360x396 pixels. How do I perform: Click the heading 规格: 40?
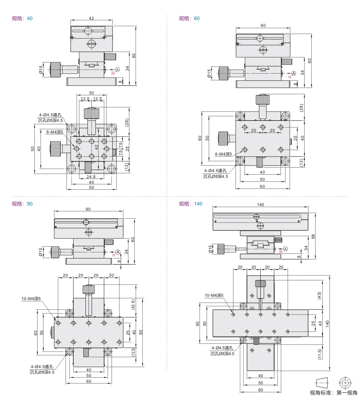(x=22, y=18)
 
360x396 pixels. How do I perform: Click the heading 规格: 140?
(x=190, y=204)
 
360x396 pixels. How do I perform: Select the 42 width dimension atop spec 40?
(x=91, y=18)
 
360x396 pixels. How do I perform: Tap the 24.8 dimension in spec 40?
(x=91, y=177)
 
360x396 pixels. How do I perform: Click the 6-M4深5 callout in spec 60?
(x=224, y=154)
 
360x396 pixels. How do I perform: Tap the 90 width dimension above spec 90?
(x=88, y=209)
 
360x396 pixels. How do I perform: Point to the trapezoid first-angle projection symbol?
(x=322, y=382)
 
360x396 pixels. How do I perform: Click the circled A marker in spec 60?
(x=294, y=73)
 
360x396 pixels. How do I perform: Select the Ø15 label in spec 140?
(x=210, y=249)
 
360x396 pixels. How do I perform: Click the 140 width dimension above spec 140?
(x=260, y=205)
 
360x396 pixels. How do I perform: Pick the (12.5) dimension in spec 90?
(x=133, y=352)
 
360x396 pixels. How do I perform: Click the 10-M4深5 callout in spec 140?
(x=214, y=295)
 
